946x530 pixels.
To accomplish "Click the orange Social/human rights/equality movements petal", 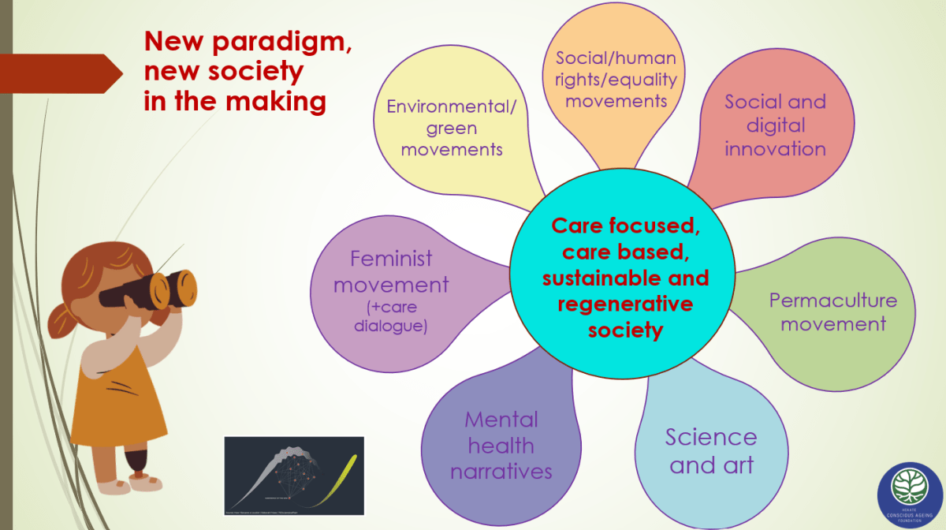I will (x=616, y=79).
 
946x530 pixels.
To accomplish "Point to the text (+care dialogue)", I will (x=391, y=315).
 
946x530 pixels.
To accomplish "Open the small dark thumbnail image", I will (x=294, y=476).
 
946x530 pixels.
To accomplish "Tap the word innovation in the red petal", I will (x=775, y=148).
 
